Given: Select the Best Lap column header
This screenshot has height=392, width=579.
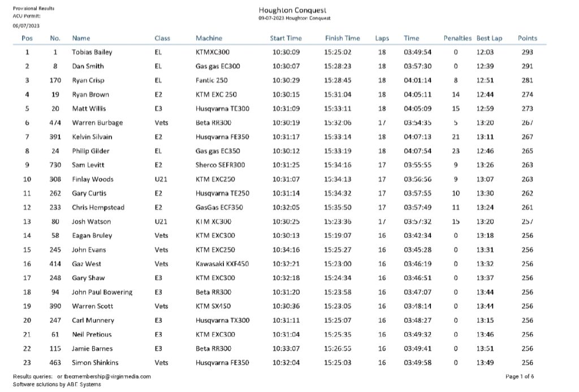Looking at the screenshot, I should [489, 38].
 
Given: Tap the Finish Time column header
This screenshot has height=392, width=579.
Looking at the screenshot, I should [342, 38].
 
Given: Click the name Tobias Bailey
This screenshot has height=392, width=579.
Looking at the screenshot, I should [92, 53].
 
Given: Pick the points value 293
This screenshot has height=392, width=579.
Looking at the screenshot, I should [527, 53].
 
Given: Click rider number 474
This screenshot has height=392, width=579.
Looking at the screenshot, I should [55, 123].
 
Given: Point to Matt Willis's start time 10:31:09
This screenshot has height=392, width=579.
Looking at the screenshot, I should [286, 109].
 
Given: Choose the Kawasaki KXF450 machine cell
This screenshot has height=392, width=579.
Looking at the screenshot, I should [222, 264].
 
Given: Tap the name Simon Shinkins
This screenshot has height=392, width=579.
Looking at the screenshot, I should [95, 363].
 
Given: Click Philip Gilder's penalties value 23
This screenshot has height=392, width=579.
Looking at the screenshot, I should [456, 151].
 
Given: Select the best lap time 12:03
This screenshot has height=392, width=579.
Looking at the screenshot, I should [485, 53].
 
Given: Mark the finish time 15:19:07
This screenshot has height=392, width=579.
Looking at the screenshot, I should [338, 236].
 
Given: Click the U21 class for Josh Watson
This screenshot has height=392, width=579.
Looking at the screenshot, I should [161, 221].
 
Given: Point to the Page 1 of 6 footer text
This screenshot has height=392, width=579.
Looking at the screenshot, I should [520, 376].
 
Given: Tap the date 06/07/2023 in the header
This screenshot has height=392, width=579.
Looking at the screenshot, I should [27, 25].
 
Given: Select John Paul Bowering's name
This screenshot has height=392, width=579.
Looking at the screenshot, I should [102, 292].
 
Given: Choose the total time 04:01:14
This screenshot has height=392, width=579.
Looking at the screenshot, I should [417, 81].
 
